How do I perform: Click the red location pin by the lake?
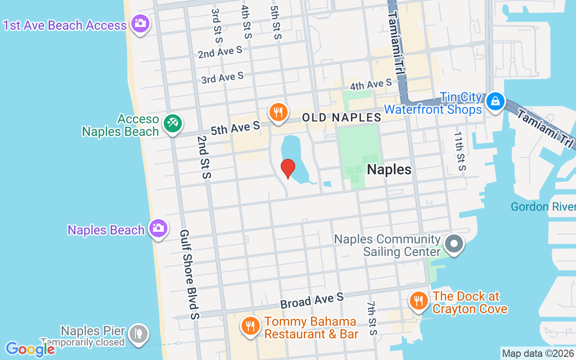point(288,168)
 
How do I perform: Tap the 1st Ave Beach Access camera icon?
point(140,23)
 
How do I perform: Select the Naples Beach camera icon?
point(158,228)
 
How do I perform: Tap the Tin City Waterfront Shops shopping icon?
point(495,101)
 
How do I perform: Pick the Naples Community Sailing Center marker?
point(454,244)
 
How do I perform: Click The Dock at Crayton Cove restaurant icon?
point(419,300)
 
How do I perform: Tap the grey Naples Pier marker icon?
point(138,334)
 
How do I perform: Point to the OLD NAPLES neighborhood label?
point(342,118)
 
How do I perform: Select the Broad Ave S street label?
point(312,300)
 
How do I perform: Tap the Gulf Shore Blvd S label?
point(189,274)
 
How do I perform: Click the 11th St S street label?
point(460,151)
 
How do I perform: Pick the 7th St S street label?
point(372,319)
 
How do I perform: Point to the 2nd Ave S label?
point(220,52)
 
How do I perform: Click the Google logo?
point(30,349)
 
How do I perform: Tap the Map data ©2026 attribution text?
point(538,354)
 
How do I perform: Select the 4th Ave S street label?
point(371,84)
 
